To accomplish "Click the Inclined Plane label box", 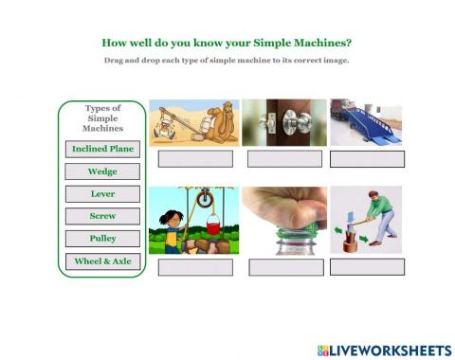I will (x=102, y=149).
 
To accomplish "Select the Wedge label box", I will (x=102, y=171).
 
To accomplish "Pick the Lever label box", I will (x=102, y=194).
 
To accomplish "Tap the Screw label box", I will (x=102, y=216).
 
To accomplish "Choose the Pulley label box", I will (x=102, y=239).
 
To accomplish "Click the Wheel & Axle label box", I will (x=102, y=261).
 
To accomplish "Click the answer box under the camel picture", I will (x=194, y=158).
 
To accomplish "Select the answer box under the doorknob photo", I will (x=284, y=158).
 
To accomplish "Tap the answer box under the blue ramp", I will (x=367, y=158).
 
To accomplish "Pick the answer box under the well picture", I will (x=194, y=267).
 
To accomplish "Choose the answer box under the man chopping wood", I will (x=367, y=266).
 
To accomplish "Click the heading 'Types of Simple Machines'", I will (x=102, y=117).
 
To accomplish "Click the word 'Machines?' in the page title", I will (x=319, y=43).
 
